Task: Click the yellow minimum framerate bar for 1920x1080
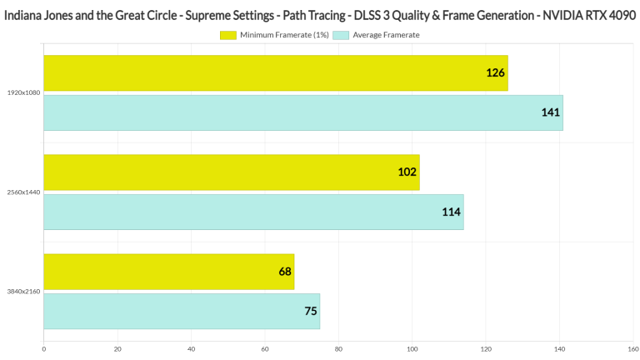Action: [x=275, y=72]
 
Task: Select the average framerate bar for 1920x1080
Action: [x=302, y=112]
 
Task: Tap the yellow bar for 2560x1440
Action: [x=231, y=172]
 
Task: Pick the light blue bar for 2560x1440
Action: [x=253, y=212]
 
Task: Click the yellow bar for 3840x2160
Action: [x=168, y=272]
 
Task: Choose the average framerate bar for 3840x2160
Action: [x=181, y=311]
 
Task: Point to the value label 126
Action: [x=495, y=73]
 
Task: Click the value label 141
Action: [x=550, y=112]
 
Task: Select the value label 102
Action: [x=407, y=172]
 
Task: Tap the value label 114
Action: [x=452, y=212]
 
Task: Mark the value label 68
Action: [x=285, y=272]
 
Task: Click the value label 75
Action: [x=311, y=312]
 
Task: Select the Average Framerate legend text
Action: [x=386, y=35]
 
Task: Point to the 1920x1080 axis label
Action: [x=21, y=92]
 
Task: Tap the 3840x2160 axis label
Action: [x=21, y=292]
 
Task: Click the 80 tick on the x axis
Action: [x=338, y=349]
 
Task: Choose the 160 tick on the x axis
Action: [x=632, y=349]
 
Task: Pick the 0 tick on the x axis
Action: [x=43, y=349]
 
